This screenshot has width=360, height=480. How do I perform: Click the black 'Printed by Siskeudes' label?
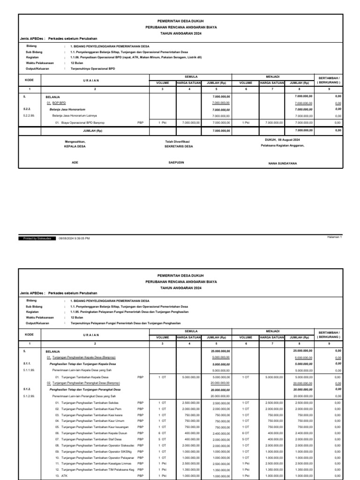(x=37, y=238)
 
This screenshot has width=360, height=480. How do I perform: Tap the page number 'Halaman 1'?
(x=335, y=237)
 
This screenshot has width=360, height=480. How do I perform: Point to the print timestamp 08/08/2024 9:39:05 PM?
(x=74, y=238)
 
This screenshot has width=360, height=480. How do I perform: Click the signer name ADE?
(x=75, y=163)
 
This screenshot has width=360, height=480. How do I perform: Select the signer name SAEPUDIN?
(x=176, y=163)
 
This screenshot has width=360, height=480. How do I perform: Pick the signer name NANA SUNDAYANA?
(x=282, y=163)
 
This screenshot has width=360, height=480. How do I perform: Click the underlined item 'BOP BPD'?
(x=59, y=102)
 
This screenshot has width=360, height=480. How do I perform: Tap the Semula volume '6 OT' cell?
(x=162, y=433)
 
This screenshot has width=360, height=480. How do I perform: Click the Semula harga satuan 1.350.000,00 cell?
(x=191, y=470)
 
